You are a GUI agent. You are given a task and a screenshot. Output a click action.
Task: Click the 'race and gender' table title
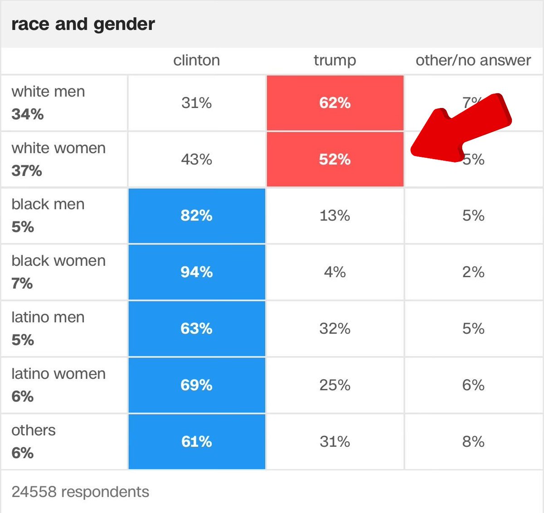pyautogui.click(x=83, y=24)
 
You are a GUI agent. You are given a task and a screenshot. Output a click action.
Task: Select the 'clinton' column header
pyautogui.click(x=196, y=60)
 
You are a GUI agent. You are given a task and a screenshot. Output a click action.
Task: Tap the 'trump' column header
pyautogui.click(x=335, y=60)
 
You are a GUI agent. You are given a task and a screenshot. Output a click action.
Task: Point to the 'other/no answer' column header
pyautogui.click(x=473, y=60)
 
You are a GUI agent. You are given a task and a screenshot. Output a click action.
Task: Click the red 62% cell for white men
pyautogui.click(x=335, y=103)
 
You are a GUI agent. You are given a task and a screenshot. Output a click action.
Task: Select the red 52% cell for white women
pyautogui.click(x=335, y=159)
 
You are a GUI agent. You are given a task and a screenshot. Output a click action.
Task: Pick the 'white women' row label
pyautogui.click(x=58, y=148)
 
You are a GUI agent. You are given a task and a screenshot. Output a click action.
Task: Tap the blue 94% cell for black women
pyautogui.click(x=196, y=272)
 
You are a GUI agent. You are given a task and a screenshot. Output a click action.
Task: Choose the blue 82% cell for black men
pyautogui.click(x=196, y=215)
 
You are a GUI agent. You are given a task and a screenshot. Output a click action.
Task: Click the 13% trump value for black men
pyautogui.click(x=335, y=215)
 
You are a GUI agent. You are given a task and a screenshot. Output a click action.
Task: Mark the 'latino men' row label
pyautogui.click(x=48, y=318)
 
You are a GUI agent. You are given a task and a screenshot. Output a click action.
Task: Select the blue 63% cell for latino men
pyautogui.click(x=196, y=328)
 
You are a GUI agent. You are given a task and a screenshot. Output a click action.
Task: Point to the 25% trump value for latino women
pyautogui.click(x=335, y=385)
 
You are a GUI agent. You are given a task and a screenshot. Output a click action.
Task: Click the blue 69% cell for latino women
pyautogui.click(x=196, y=385)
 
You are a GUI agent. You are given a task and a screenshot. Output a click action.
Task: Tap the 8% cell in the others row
pyautogui.click(x=473, y=441)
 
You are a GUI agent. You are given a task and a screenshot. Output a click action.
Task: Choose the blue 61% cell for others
pyautogui.click(x=196, y=441)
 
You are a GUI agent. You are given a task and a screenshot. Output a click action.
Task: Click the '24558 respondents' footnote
pyautogui.click(x=80, y=492)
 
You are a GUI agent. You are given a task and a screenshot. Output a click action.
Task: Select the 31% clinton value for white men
pyautogui.click(x=196, y=103)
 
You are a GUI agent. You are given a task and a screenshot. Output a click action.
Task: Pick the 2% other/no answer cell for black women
pyautogui.click(x=473, y=272)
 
